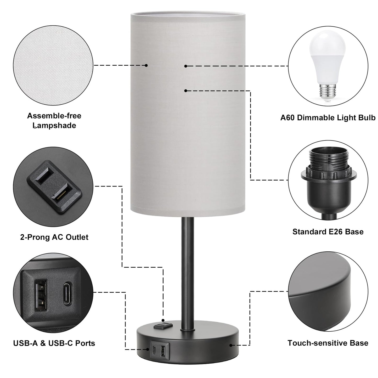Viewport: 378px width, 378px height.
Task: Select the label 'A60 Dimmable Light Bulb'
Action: (328, 118)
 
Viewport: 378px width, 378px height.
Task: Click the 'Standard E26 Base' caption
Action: (328, 232)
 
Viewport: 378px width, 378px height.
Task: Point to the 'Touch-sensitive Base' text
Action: (328, 343)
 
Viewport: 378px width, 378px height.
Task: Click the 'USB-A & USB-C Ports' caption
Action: (54, 343)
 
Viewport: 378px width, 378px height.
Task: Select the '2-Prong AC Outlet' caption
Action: (54, 237)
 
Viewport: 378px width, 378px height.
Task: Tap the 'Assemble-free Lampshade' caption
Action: (54, 120)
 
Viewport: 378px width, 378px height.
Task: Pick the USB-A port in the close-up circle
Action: (41, 295)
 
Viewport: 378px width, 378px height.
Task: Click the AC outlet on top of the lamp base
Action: (163, 326)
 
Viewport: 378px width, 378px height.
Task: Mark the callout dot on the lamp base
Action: (231, 345)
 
